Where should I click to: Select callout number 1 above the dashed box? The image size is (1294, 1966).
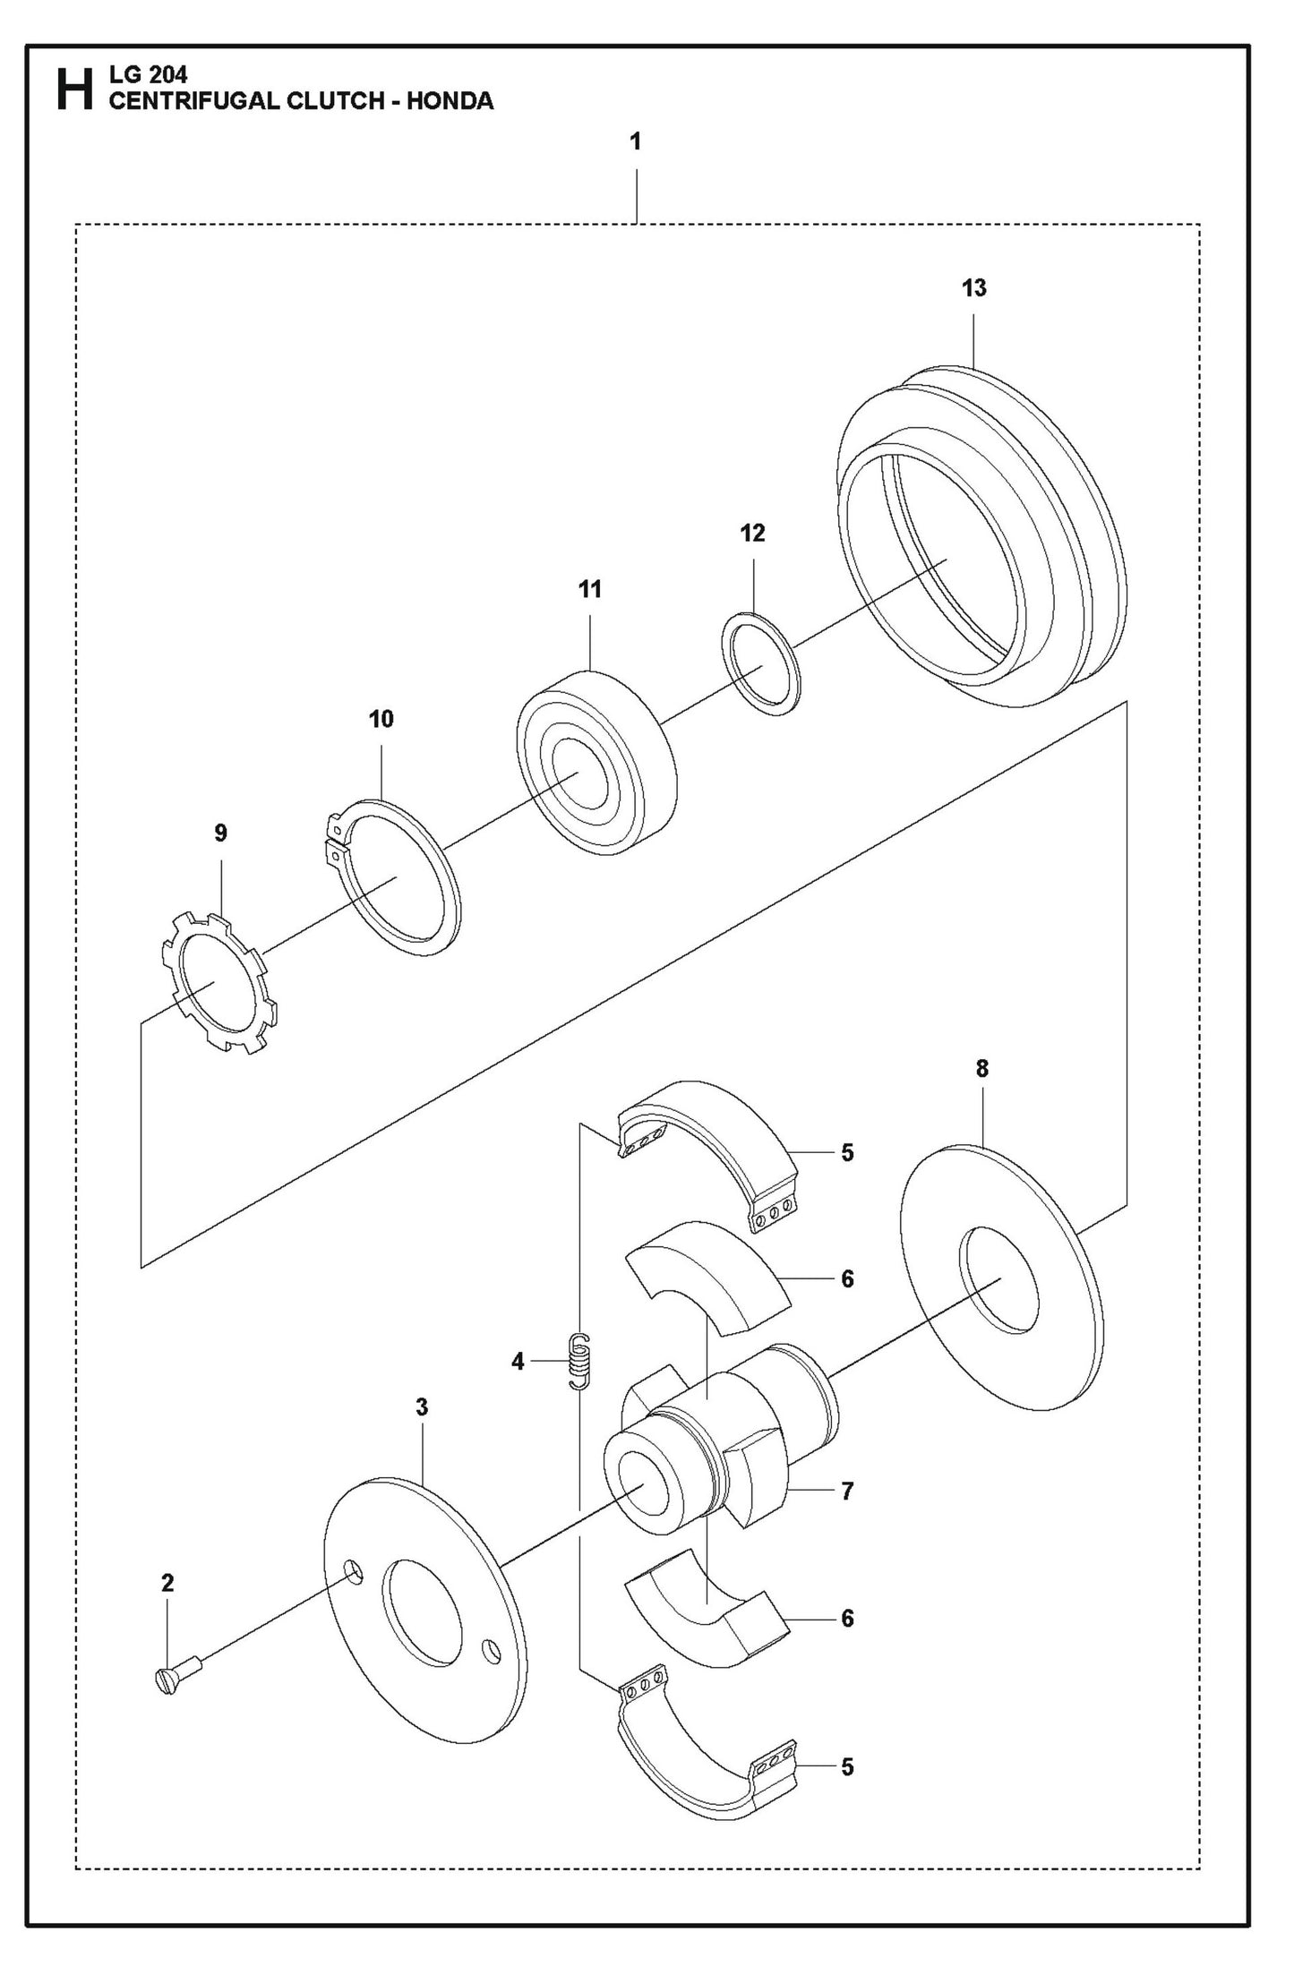[x=635, y=142]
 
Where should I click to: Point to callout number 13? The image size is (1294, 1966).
[x=973, y=288]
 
